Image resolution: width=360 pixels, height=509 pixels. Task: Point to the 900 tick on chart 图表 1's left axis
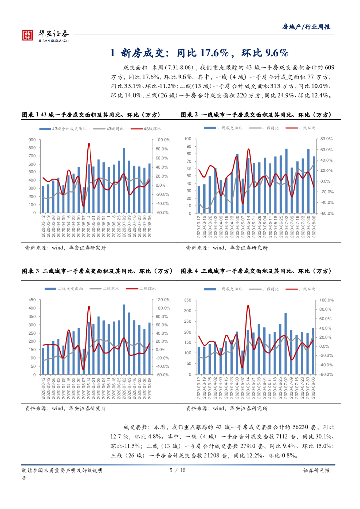(x=32, y=140)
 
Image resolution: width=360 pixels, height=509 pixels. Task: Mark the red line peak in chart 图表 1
(x=89, y=144)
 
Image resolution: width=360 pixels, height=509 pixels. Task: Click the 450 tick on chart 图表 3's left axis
(x=32, y=300)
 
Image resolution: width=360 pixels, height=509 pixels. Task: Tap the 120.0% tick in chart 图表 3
(x=164, y=300)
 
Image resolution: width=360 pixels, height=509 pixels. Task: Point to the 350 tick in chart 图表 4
(x=187, y=300)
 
